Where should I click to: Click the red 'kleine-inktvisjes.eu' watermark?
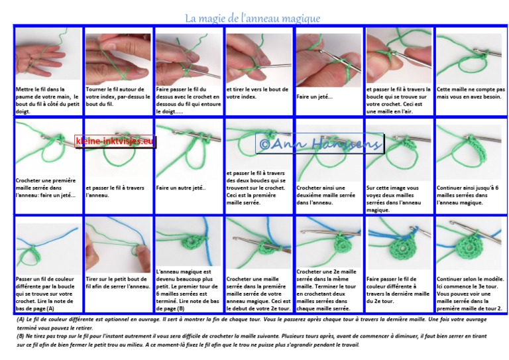(115, 141)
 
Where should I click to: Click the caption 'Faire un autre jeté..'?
(182, 188)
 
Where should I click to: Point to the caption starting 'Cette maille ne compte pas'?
(471, 93)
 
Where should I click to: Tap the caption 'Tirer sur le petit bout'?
(118, 283)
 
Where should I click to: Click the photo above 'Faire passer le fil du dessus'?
(188, 56)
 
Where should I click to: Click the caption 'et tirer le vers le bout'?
(257, 92)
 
